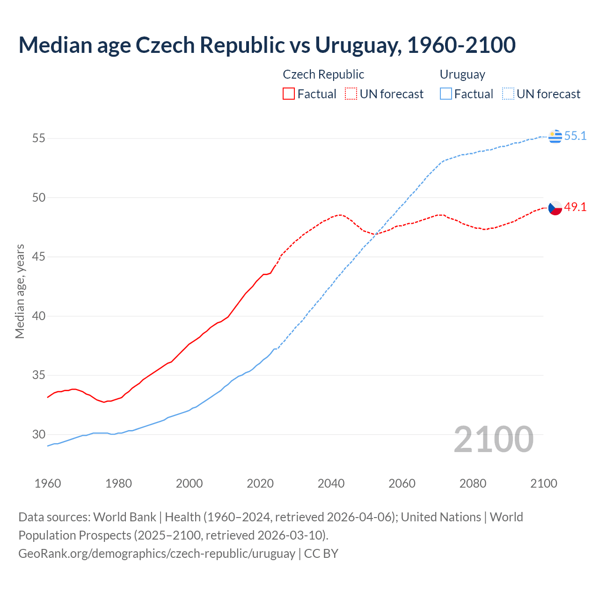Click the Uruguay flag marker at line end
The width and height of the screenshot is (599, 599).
pos(555,136)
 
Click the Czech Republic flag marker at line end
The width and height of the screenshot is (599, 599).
pos(555,208)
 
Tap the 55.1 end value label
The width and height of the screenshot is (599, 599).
pos(575,136)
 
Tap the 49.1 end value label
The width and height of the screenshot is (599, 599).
pos(575,207)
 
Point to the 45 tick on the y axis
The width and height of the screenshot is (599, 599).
pos(39,257)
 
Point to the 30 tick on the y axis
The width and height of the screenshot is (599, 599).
pos(39,434)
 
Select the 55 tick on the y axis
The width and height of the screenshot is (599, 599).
pos(39,139)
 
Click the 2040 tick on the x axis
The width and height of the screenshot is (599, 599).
pos(331,483)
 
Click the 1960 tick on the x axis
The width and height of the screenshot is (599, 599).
pos(48,483)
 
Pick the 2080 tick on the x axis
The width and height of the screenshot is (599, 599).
pos(473,483)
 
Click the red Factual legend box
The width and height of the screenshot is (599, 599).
pos(289,94)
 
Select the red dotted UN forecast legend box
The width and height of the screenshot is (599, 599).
pos(351,94)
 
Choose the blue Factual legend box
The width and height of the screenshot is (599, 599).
pos(446,94)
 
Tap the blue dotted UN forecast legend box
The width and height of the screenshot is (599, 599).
pos(508,94)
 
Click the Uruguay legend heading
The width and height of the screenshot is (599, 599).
pos(462,74)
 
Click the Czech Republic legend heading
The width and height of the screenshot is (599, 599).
pos(323,74)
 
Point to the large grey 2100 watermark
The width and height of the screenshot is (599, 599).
pos(493,439)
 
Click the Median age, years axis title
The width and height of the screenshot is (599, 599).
pos(20,291)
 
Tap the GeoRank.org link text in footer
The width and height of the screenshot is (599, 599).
pos(157,554)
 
